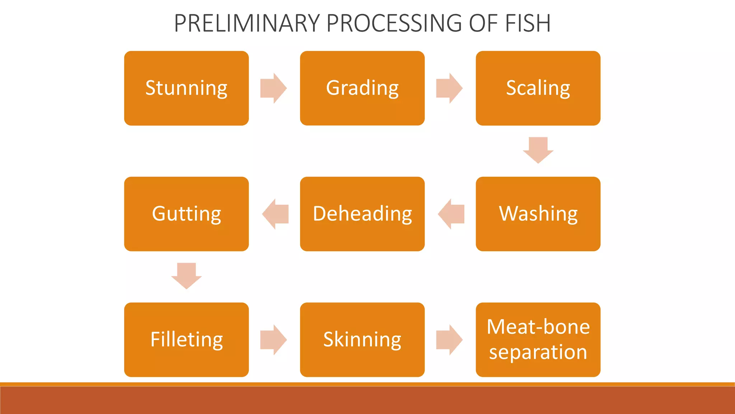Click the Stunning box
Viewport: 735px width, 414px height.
tap(186, 88)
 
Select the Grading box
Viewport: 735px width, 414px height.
tap(362, 88)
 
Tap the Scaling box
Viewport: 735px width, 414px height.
tap(538, 88)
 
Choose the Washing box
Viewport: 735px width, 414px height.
tap(538, 214)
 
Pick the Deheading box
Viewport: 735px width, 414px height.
tap(362, 214)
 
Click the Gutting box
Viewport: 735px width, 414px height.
tap(186, 214)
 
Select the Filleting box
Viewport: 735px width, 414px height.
tap(186, 340)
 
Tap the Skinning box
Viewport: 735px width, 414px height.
tap(362, 340)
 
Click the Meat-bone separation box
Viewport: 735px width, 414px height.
tap(538, 340)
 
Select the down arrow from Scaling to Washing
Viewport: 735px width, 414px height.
tap(538, 150)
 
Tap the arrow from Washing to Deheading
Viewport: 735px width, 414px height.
tap(451, 214)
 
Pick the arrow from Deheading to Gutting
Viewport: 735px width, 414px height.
tap(275, 214)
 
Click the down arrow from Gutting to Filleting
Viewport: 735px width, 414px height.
tap(186, 276)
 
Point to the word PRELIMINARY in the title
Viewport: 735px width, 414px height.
tap(247, 23)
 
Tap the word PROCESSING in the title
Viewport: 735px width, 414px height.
tap(394, 23)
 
